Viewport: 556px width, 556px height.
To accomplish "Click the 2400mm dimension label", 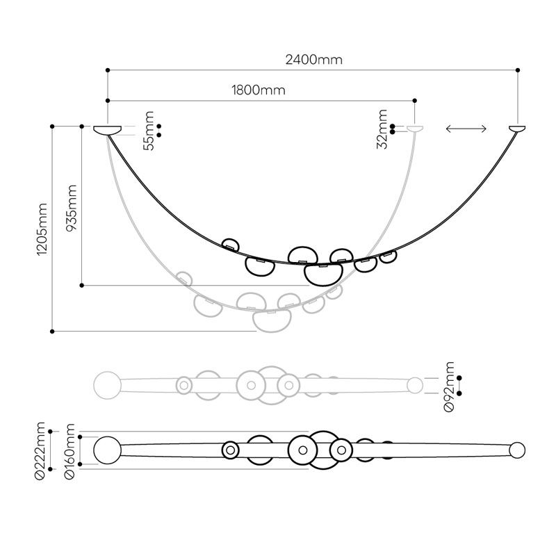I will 314,60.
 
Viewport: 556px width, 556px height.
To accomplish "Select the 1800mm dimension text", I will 258,90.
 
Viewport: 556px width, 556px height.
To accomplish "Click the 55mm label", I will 147,130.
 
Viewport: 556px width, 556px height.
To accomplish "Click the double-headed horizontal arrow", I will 466,129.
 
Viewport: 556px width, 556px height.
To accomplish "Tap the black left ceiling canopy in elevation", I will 107,129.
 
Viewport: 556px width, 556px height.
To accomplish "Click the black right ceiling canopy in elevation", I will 518,129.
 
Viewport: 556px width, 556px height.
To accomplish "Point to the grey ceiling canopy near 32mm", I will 416,129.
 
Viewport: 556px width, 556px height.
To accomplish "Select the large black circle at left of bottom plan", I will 107,450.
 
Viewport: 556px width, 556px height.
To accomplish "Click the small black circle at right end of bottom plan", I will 516,450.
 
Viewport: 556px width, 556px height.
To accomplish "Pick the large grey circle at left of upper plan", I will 107,384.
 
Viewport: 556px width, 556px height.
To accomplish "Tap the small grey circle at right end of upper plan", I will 415,384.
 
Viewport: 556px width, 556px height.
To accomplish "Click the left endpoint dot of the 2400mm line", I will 107,70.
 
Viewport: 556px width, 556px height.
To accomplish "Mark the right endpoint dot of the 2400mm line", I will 518,70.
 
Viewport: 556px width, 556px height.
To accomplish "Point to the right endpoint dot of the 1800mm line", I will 416,100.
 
